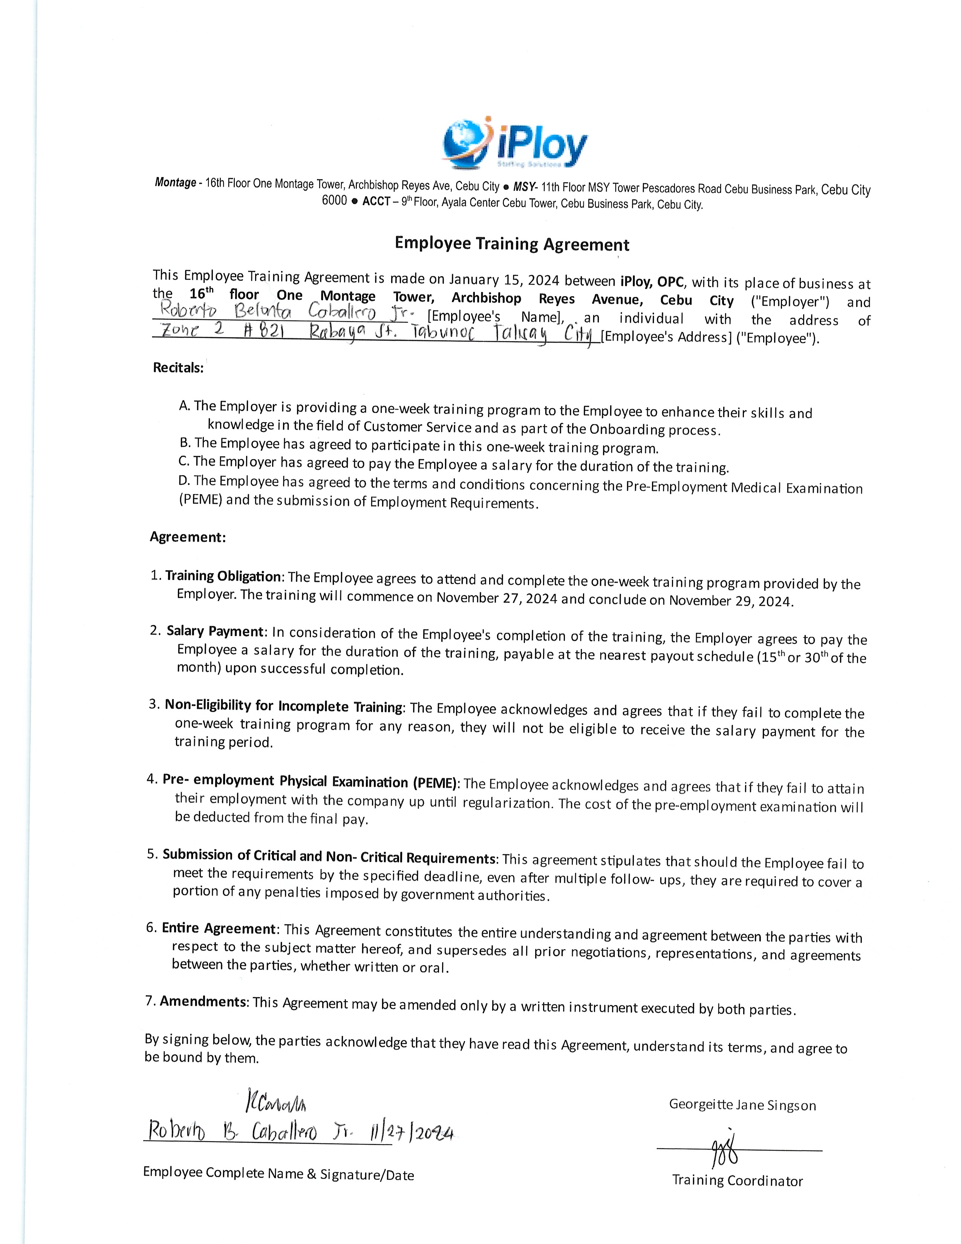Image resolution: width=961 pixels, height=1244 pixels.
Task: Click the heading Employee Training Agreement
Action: (512, 244)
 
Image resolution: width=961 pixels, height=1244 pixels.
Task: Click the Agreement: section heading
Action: (188, 537)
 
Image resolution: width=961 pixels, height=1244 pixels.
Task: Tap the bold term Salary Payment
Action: (215, 631)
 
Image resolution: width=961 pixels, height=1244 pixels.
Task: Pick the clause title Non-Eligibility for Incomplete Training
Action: (283, 706)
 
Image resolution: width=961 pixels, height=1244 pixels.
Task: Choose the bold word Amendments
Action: (203, 1001)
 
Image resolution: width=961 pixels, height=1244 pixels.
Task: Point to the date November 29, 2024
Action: (730, 601)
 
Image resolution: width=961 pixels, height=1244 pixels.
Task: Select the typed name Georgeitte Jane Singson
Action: (742, 1105)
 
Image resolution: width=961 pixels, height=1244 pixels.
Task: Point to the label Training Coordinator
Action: (737, 1180)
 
